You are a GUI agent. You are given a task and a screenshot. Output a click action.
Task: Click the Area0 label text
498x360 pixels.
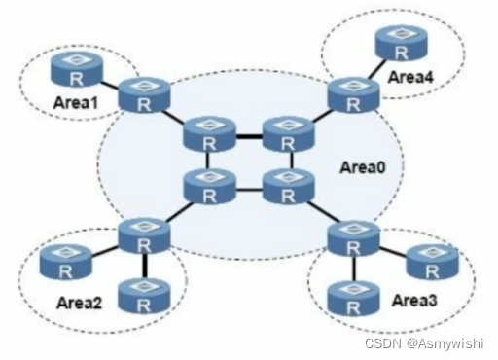(363, 167)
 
